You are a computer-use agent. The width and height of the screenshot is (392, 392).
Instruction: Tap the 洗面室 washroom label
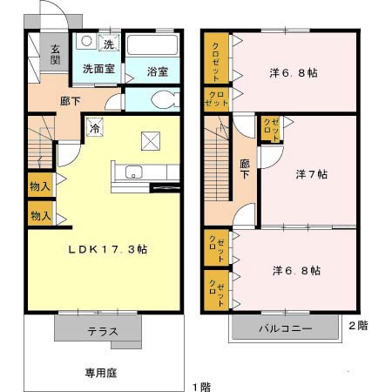[98, 68]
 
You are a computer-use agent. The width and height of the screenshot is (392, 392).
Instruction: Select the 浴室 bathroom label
[157, 71]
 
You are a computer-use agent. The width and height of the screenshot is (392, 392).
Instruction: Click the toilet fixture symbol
[166, 98]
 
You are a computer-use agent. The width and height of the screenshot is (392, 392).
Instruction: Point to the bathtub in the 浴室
[152, 45]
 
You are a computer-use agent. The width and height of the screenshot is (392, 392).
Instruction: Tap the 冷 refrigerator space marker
[93, 127]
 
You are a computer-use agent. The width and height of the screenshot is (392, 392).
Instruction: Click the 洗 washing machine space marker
[110, 44]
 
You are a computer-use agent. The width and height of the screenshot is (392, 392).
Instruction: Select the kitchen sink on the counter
[134, 172]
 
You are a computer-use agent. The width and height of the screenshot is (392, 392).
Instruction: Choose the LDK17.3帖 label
[109, 249]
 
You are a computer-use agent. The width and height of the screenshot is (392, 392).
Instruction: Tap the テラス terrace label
[102, 331]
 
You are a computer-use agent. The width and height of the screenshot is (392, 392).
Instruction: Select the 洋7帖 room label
[311, 174]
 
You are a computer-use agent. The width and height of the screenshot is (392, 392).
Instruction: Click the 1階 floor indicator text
[200, 385]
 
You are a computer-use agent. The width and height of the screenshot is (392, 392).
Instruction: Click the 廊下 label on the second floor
[244, 167]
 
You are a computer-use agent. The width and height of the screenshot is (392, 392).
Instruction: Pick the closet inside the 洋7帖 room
[270, 129]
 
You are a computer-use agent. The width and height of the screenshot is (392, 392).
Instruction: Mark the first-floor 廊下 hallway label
[71, 101]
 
